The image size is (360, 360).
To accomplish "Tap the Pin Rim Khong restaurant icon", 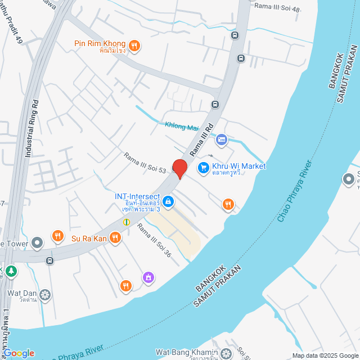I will (134, 46).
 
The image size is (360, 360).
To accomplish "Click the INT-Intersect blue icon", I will (168, 201).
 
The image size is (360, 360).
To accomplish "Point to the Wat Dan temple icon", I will (44, 294).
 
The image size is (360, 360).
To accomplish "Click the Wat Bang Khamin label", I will (186, 352).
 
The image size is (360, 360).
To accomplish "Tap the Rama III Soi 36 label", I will (154, 241).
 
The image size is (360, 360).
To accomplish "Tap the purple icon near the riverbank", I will (148, 277).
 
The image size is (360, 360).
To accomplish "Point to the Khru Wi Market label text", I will (238, 166).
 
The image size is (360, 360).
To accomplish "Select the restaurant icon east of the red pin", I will (228, 204).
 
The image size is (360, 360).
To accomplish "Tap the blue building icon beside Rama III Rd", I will (222, 139).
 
